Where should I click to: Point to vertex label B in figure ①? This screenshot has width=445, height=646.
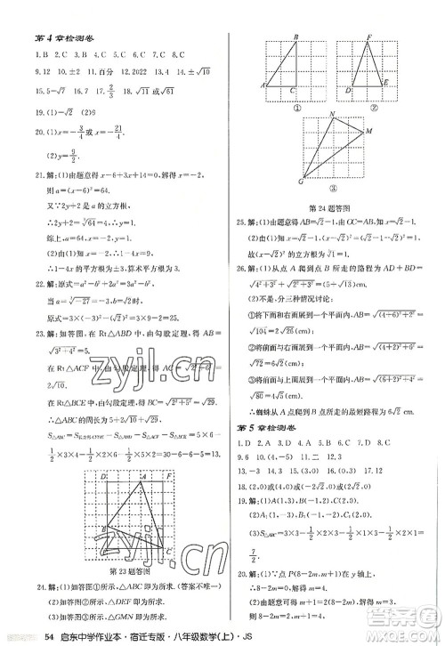[295, 37]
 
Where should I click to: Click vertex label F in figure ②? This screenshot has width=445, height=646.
[368, 37]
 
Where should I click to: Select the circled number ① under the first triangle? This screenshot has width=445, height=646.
[291, 101]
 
